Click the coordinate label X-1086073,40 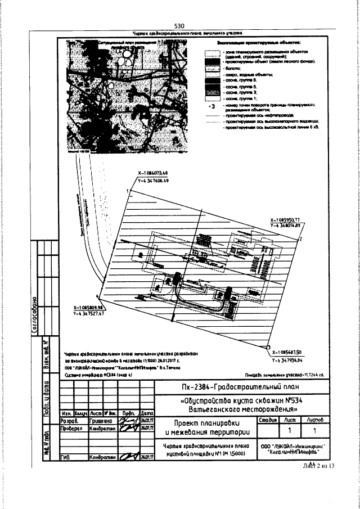point(152,173)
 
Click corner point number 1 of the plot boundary point(129,192)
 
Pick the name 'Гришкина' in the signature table point(101,420)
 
